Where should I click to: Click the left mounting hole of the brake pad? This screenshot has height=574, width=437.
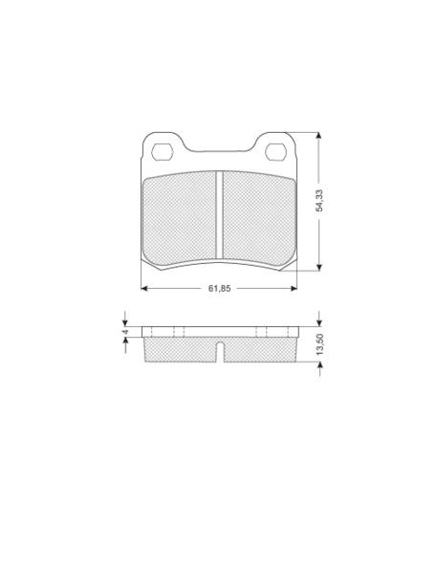click(162, 152)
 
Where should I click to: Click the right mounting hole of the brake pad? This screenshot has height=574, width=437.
click(275, 152)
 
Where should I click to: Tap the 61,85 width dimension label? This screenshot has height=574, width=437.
click(220, 289)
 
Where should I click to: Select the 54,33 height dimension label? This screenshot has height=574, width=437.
click(319, 201)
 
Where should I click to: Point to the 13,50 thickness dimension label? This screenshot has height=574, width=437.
click(320, 344)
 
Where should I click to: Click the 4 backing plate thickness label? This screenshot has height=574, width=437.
click(125, 331)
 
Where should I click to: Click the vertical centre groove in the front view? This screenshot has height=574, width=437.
click(219, 215)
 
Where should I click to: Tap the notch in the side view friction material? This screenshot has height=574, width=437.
click(220, 351)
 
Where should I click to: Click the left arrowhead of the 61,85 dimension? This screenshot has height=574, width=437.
click(144, 289)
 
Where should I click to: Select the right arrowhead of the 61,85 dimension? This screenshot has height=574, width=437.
click(294, 289)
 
